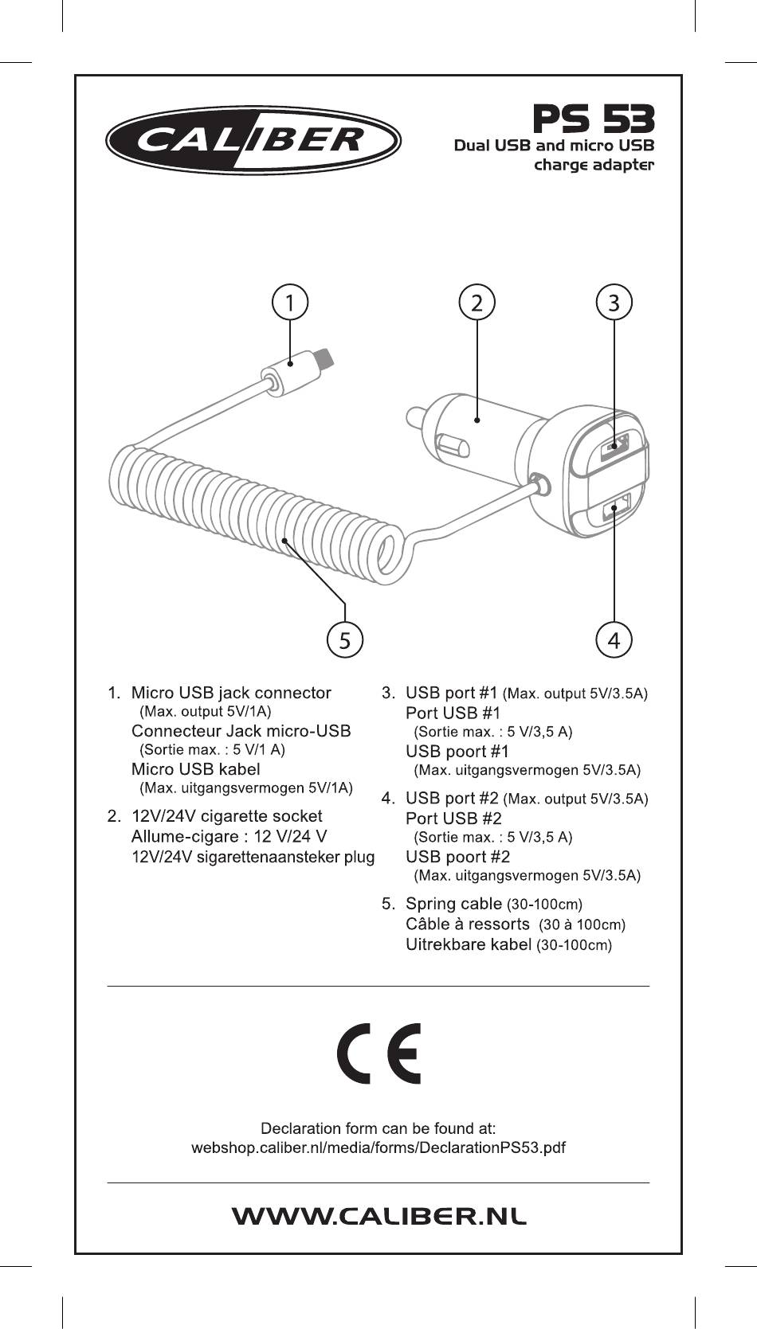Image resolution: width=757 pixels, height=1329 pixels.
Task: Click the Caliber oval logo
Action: (253, 141)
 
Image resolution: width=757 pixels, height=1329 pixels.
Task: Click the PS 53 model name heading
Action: (593, 119)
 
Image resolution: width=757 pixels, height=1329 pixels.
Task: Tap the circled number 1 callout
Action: (290, 303)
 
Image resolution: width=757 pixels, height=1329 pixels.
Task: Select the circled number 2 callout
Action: (477, 303)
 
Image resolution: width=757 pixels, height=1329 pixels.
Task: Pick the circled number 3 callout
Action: (614, 303)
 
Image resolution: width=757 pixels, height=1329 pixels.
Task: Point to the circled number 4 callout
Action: (614, 640)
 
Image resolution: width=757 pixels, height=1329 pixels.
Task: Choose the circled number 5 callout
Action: (345, 640)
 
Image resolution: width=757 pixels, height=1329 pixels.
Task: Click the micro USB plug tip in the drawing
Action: (325, 358)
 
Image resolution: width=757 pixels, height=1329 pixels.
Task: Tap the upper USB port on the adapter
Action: (616, 446)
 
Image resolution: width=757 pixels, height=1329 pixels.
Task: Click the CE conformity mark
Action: (378, 1053)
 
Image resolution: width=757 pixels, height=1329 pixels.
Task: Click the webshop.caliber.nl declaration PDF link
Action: (378, 1147)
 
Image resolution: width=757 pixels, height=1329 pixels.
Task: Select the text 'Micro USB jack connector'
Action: (231, 693)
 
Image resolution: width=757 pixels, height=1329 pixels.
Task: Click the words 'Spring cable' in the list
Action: (453, 904)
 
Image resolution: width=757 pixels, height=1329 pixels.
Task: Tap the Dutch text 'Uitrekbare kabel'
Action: (469, 944)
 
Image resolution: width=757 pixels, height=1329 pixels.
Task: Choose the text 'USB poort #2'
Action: (457, 857)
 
